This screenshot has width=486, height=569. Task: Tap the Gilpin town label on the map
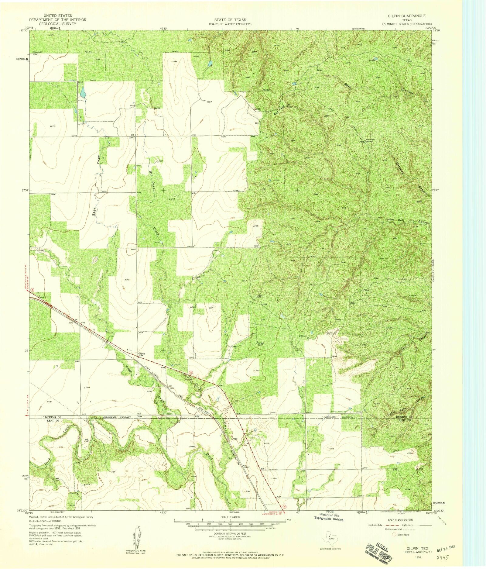click(x=142, y=353)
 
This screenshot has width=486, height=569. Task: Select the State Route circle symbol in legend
click(x=395, y=534)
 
